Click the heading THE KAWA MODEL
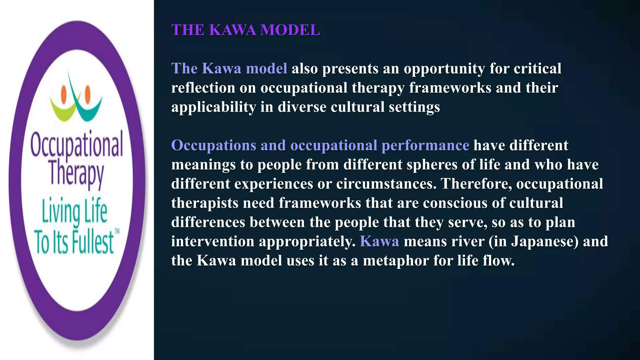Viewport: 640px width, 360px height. click(246, 30)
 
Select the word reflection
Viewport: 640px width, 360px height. click(203, 88)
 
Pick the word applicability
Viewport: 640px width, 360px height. click(213, 107)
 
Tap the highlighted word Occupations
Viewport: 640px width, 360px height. click(214, 145)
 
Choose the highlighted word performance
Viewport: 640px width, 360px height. click(425, 145)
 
